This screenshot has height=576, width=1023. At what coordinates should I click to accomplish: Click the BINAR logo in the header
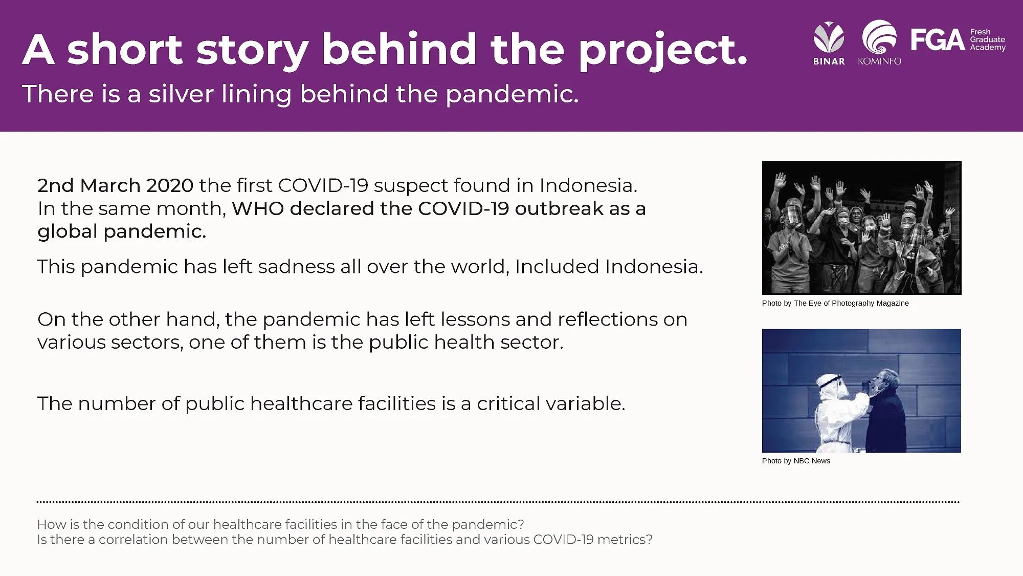point(829,43)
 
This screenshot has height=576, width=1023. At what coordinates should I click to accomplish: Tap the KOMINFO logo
point(880,42)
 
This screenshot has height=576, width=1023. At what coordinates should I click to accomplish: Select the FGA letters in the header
point(938,39)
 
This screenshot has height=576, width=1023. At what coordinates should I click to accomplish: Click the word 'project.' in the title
point(663,50)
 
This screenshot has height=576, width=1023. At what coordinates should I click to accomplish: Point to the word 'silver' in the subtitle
point(181,94)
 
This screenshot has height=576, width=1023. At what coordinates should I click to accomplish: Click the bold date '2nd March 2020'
point(116,185)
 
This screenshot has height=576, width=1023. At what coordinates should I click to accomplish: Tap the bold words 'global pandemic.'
point(122,231)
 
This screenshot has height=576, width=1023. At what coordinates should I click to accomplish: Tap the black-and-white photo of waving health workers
point(861,227)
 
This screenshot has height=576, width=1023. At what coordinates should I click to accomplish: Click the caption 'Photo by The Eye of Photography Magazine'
point(835,303)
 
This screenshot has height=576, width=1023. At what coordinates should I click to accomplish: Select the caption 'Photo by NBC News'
point(796,461)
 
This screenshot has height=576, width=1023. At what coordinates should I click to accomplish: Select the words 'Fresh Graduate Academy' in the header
point(988,39)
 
